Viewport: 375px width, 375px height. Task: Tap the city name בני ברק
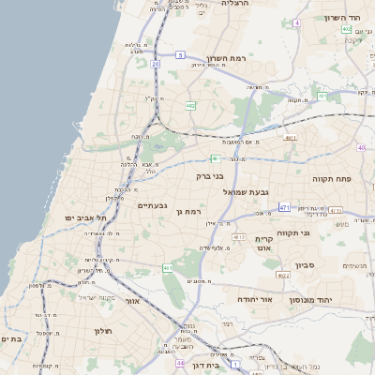coord(210,175)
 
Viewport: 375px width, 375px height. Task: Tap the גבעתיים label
coord(152,205)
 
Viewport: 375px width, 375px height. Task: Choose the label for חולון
coord(102,331)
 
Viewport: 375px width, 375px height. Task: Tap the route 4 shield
coord(297,22)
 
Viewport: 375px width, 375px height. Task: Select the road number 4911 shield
coord(291,138)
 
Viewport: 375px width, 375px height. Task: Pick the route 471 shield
coord(285,206)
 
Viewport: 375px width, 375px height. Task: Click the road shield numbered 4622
coord(282,276)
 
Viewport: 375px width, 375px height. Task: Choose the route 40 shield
coord(361,147)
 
